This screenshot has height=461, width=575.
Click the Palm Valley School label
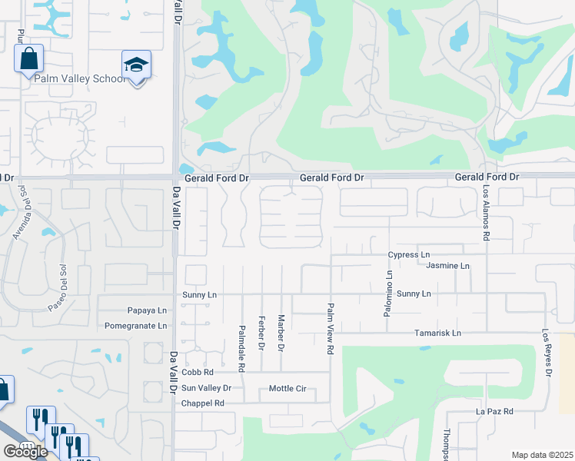(77, 78)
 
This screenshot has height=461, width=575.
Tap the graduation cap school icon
(137, 66)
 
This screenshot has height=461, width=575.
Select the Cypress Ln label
(409, 254)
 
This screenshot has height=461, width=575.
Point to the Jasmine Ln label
(447, 265)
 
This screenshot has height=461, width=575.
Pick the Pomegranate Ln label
(136, 325)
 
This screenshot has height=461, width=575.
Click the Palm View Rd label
(331, 327)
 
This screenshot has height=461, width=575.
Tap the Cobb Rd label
(198, 372)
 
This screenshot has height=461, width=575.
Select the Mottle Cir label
(287, 389)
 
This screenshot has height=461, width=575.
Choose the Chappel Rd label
(202, 403)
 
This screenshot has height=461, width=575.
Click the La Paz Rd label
(494, 412)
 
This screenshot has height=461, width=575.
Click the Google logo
(25, 452)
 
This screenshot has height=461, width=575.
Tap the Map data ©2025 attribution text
(541, 455)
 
